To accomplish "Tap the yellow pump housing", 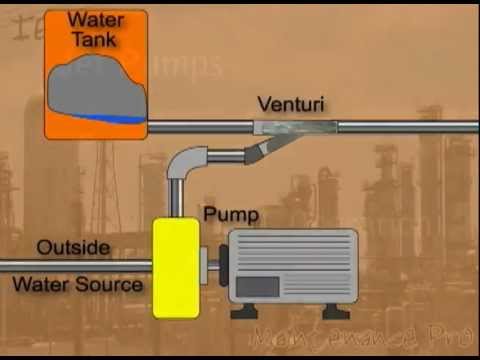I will [175, 267].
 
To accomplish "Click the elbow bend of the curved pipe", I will [186, 160].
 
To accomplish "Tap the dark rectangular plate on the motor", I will [258, 286].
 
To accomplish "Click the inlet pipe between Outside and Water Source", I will [75, 265].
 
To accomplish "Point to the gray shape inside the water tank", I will [95, 85].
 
